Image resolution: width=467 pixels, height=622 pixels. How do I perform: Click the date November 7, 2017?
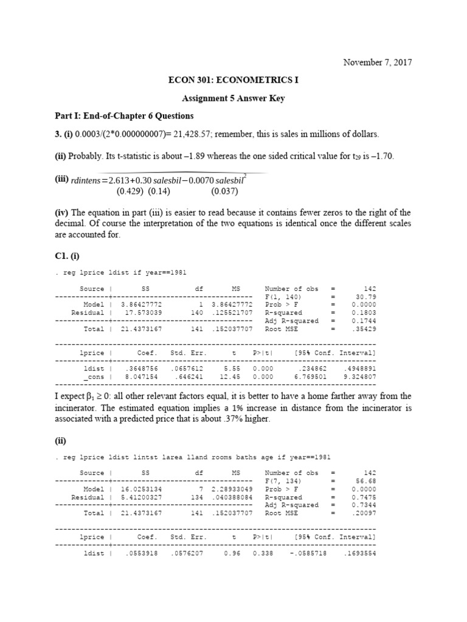[x=377, y=63]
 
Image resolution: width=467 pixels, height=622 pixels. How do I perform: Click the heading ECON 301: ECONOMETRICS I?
[x=233, y=80]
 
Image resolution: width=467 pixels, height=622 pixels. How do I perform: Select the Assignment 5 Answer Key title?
[x=233, y=98]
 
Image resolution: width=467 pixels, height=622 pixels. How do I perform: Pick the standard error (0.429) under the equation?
[x=128, y=191]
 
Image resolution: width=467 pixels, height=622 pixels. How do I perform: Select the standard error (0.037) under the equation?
[x=225, y=191]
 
